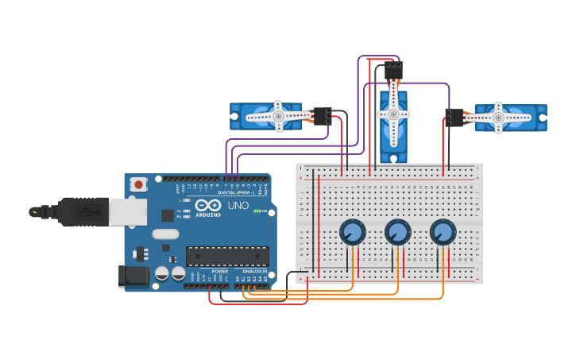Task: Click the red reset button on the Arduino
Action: (139, 184)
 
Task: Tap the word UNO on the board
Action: (238, 206)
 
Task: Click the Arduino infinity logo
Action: (208, 204)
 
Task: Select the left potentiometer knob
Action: (352, 232)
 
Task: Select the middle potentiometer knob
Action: (397, 232)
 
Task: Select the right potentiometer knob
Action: (443, 232)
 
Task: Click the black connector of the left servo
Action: (323, 115)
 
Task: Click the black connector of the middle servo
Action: (392, 71)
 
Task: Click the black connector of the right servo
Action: (454, 118)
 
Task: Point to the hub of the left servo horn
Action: (279, 116)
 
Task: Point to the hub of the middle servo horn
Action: (393, 114)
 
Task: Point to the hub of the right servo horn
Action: (498, 118)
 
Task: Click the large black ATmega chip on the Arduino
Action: (227, 256)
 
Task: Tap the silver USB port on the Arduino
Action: (127, 211)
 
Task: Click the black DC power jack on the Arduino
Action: (133, 276)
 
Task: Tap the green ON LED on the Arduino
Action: (257, 211)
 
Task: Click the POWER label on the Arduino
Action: (220, 271)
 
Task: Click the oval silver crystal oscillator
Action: (165, 234)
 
